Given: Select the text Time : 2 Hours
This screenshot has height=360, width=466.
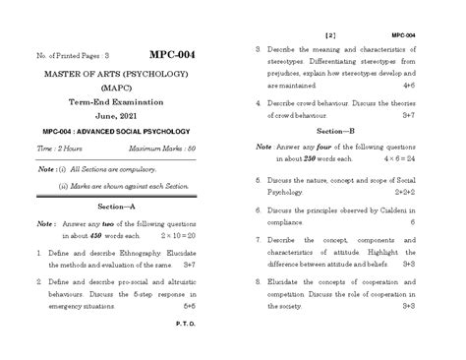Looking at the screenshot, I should [60, 147].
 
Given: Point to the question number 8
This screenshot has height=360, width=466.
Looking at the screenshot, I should [257, 280].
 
